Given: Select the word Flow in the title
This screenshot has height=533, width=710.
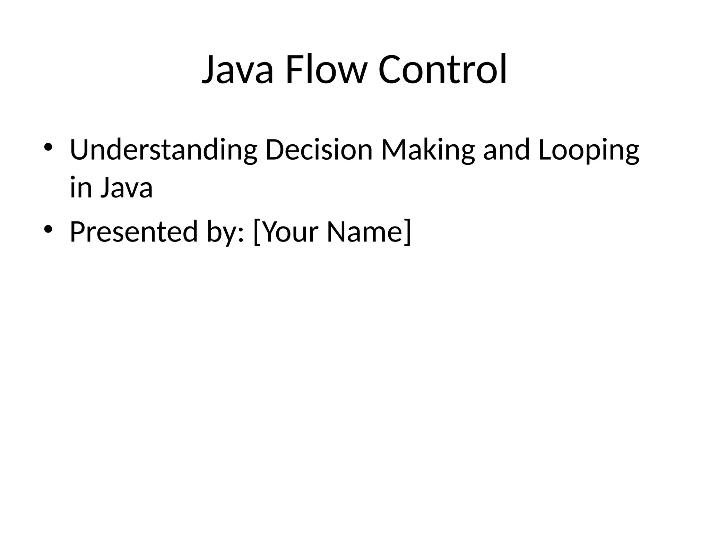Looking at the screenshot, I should click(325, 70).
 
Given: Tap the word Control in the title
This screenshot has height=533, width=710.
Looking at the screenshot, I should click(443, 70).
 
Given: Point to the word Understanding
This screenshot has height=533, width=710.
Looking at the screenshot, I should click(163, 150).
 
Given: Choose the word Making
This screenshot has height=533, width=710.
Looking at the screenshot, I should click(427, 150).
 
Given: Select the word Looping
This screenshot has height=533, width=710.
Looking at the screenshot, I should click(589, 150).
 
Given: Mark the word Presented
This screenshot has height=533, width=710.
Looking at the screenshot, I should click(134, 231).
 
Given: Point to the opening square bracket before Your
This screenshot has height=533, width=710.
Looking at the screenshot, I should click(257, 232).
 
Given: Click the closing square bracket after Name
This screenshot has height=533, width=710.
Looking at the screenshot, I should click(408, 232).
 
